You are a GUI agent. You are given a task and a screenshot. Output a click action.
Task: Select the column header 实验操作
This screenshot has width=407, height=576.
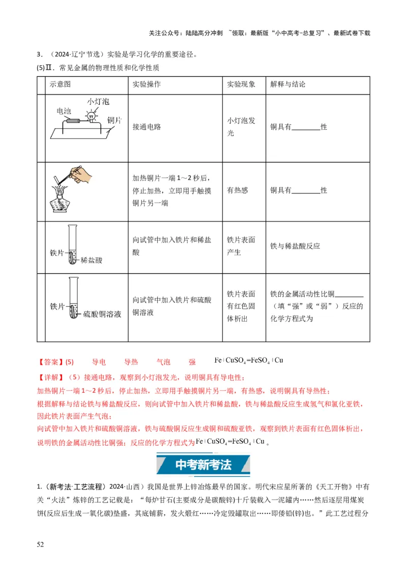[147, 84]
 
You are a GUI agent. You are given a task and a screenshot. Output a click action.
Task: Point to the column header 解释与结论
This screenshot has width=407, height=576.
[288, 84]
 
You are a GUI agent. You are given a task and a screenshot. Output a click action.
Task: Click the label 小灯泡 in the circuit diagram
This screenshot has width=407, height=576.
[98, 102]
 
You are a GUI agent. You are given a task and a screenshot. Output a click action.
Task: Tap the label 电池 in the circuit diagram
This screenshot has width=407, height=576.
[64, 111]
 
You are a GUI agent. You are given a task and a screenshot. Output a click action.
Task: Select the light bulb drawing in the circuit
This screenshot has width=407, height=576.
[92, 116]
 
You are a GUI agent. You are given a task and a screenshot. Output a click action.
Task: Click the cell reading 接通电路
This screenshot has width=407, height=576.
[147, 127]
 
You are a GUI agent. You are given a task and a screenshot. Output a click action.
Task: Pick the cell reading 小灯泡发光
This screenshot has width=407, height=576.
[241, 127]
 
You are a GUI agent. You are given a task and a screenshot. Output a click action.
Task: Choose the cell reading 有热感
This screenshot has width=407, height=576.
[238, 190]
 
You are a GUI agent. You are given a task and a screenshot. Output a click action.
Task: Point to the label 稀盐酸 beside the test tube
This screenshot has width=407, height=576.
[92, 260]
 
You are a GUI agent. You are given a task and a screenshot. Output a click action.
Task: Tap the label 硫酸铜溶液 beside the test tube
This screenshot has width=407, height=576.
[102, 314]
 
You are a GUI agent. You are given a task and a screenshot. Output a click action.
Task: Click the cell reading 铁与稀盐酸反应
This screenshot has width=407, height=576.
[295, 246]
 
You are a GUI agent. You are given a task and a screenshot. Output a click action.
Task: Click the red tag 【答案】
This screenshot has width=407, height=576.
[50, 362]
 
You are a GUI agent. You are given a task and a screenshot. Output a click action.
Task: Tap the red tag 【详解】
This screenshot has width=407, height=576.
[50, 378]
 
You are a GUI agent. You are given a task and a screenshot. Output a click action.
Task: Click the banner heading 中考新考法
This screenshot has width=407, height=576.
[203, 464]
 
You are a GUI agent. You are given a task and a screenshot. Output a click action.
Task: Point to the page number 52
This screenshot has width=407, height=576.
[41, 545]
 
